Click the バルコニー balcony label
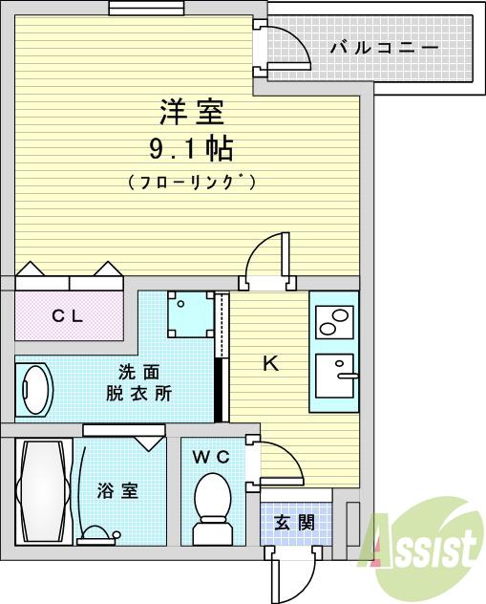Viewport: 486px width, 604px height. [x=384, y=47]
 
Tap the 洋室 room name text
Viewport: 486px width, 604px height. [x=191, y=113]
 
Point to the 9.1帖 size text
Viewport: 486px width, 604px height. [x=191, y=149]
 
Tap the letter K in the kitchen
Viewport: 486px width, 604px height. [x=270, y=363]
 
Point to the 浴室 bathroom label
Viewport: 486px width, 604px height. [x=118, y=491]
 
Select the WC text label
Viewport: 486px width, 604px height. [x=211, y=457]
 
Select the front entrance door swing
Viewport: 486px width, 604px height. [x=291, y=573]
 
